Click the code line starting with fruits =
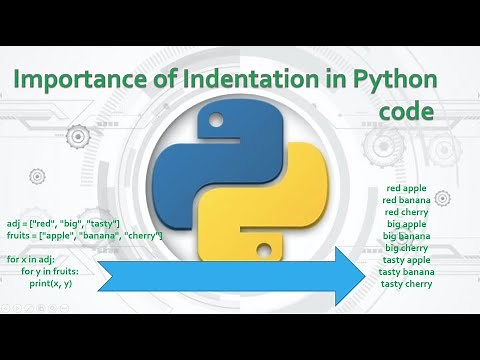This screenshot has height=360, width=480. click(x=84, y=235)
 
